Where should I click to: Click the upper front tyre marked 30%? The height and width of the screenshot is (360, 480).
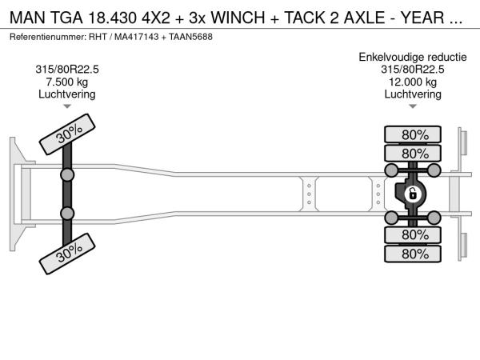[x=67, y=134]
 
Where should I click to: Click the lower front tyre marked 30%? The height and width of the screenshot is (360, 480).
[x=67, y=254]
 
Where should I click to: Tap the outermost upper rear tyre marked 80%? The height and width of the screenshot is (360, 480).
[x=413, y=134]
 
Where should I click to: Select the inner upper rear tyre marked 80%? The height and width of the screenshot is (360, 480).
[x=413, y=153]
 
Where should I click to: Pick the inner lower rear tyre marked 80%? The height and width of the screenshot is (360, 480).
[x=413, y=235]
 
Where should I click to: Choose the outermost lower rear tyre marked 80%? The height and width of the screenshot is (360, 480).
[x=413, y=254]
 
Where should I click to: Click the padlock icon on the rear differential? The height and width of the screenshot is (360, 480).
[x=412, y=194]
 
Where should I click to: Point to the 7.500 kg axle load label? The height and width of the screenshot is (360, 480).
[x=67, y=82]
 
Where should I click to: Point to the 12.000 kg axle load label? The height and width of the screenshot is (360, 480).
[x=413, y=82]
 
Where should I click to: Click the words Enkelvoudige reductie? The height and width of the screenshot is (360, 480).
[x=413, y=57]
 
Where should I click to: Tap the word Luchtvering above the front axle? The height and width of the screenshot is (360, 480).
[x=67, y=94]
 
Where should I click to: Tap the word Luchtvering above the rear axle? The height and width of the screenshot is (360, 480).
[x=413, y=94]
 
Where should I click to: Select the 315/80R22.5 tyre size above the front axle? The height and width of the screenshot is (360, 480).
[x=67, y=70]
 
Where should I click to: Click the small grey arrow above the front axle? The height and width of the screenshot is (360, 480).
[x=67, y=106]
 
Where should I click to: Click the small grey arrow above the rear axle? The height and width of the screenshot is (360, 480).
[x=413, y=106]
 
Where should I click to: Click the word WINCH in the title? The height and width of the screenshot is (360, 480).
[x=238, y=18]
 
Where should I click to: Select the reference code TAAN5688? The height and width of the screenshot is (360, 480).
[x=190, y=37]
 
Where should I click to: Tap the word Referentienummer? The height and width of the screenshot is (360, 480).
[x=48, y=37]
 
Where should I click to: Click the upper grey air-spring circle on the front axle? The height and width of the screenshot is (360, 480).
[x=67, y=175]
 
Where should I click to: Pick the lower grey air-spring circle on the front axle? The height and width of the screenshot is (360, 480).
[x=67, y=213]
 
